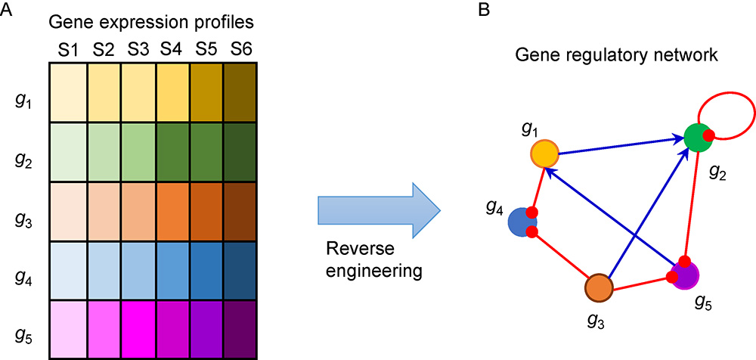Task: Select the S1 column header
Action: (x=67, y=50)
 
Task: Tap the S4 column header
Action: (x=172, y=50)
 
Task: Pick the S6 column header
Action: (x=241, y=50)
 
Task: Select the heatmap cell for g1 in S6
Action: (x=241, y=92)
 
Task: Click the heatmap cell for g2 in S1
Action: (x=68, y=151)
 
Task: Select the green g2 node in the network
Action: (x=698, y=137)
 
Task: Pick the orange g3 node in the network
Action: (x=600, y=288)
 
